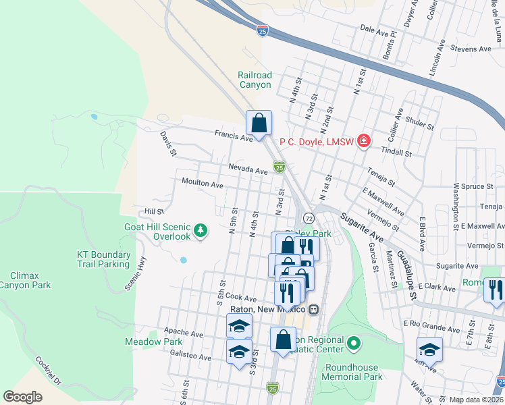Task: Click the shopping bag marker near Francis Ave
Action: click(x=259, y=123)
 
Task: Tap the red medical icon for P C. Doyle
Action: click(x=364, y=141)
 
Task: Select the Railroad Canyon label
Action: click(x=255, y=80)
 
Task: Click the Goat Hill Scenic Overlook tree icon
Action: click(x=200, y=231)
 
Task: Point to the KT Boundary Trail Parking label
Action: click(x=103, y=259)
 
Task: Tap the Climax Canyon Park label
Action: click(x=30, y=281)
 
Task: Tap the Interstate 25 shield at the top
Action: click(x=263, y=30)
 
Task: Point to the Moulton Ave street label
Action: click(x=203, y=184)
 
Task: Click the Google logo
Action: click(x=22, y=397)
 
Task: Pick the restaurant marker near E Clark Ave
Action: click(x=494, y=290)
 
